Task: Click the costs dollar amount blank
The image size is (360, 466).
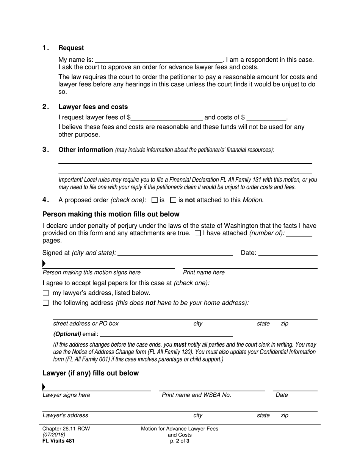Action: [266, 117]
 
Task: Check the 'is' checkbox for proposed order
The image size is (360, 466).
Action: [154, 200]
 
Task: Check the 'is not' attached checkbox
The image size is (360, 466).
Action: [174, 200]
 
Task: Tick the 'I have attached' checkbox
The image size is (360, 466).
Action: [197, 233]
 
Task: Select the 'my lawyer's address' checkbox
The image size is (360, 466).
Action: [46, 293]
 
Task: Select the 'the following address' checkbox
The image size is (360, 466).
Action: [46, 303]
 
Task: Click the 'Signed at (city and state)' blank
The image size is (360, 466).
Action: [175, 253]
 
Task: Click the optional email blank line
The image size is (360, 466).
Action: [166, 334]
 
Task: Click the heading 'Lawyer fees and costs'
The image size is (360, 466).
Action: [93, 107]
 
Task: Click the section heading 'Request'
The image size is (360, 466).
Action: [71, 48]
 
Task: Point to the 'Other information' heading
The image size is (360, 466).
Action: [86, 150]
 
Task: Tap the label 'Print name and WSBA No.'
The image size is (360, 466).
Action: [196, 395]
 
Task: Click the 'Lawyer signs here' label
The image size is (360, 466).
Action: [66, 395]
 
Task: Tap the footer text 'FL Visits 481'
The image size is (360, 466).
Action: [58, 441]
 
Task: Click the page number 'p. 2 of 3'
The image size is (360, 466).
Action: [180, 441]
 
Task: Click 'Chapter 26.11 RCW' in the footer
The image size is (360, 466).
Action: [66, 428]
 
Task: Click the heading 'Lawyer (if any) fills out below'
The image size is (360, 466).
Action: [91, 373]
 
